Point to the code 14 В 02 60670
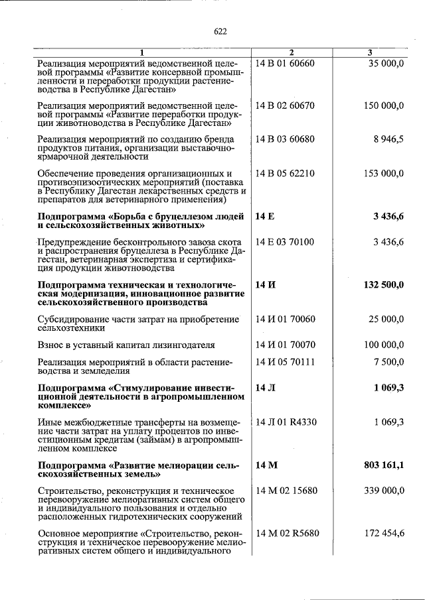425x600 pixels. click(x=285, y=105)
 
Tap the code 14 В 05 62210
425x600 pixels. click(x=285, y=174)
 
